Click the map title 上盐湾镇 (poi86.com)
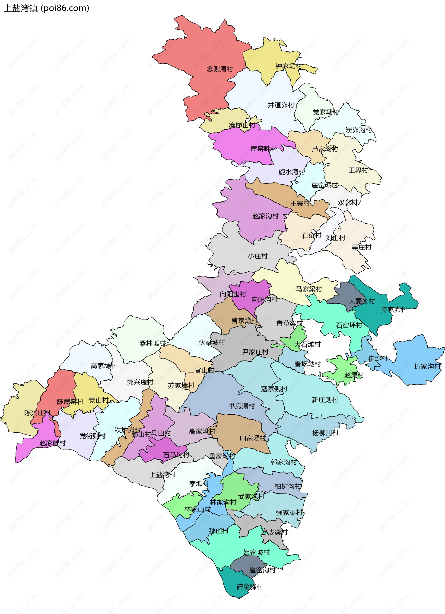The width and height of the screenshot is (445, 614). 46,8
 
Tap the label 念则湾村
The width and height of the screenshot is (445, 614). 220,69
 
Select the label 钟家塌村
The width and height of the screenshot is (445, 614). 289,66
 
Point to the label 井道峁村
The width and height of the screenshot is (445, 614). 281,105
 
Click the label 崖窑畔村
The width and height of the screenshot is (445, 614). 264,149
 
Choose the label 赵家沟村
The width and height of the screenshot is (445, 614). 265,216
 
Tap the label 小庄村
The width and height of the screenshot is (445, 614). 258,256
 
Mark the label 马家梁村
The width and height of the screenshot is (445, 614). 308,289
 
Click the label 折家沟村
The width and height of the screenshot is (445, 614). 427,366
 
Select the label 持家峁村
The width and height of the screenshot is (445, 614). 394,310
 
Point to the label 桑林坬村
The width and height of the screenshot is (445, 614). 153,344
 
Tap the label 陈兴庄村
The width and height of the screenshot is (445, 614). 37,413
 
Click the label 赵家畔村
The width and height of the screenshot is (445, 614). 52,443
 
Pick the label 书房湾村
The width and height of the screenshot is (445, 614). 241,406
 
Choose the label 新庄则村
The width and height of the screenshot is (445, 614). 325,400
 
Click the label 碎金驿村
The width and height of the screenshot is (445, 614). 250,587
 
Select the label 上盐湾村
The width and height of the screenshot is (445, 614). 162,474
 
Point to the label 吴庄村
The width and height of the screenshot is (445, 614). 361,247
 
